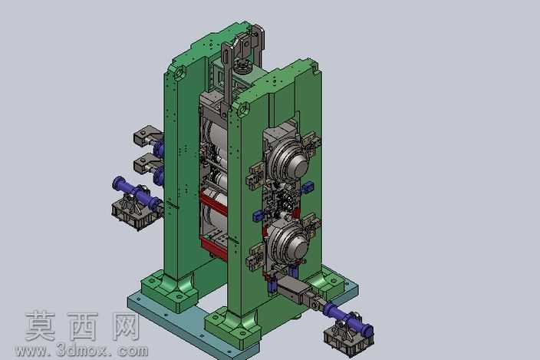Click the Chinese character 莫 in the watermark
click(x=41, y=326)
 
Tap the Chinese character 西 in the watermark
click(x=83, y=326)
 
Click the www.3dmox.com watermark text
click(x=81, y=351)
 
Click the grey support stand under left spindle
click(x=133, y=213)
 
